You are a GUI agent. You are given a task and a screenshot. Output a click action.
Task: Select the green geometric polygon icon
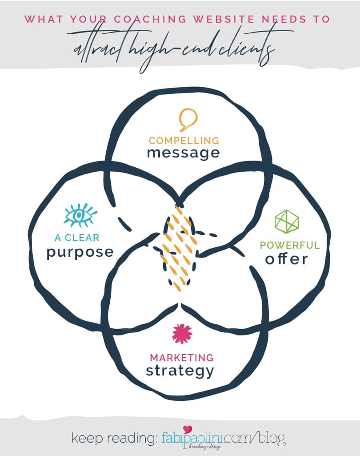tap(286, 221)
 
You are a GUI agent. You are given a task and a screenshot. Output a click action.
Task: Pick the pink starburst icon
tap(181, 334)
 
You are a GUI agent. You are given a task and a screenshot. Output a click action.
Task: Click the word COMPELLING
tap(184, 141)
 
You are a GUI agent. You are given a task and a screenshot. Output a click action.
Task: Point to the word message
tap(183, 153)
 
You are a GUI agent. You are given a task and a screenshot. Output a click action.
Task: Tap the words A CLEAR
tap(77, 238)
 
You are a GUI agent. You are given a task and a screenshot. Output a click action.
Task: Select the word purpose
tap(80, 252)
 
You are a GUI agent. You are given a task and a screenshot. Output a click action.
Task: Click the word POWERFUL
tap(289, 245)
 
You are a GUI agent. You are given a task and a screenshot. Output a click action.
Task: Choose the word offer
tap(286, 259)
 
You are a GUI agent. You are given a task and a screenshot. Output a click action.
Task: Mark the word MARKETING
tap(181, 358)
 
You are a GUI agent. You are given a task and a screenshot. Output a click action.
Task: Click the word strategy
tap(180, 370)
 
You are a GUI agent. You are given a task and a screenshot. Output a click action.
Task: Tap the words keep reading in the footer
tap(113, 438)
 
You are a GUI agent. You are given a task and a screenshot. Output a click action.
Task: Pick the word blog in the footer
tap(270, 438)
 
